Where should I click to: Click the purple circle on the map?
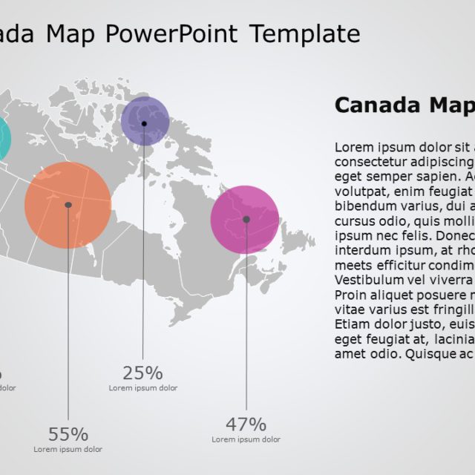145,120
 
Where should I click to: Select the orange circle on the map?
68,205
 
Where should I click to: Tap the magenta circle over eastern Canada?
245,220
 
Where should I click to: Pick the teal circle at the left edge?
3,138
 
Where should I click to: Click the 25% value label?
142,373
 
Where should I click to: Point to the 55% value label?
68,434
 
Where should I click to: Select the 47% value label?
246,425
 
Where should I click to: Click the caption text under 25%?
142,388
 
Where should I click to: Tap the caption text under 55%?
68,449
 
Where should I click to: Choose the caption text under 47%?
246,439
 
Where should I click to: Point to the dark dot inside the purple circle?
144,123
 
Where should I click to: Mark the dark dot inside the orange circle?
68,205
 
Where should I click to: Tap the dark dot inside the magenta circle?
246,219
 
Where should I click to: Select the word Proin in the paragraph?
351,295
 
